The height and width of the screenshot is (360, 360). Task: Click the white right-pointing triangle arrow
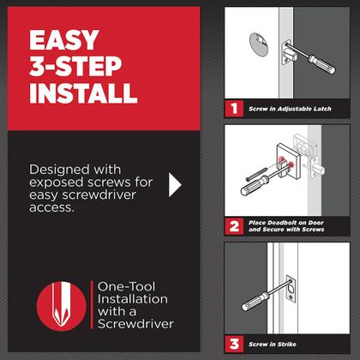click(177, 184)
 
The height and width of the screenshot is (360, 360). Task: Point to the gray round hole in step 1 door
click(255, 44)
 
